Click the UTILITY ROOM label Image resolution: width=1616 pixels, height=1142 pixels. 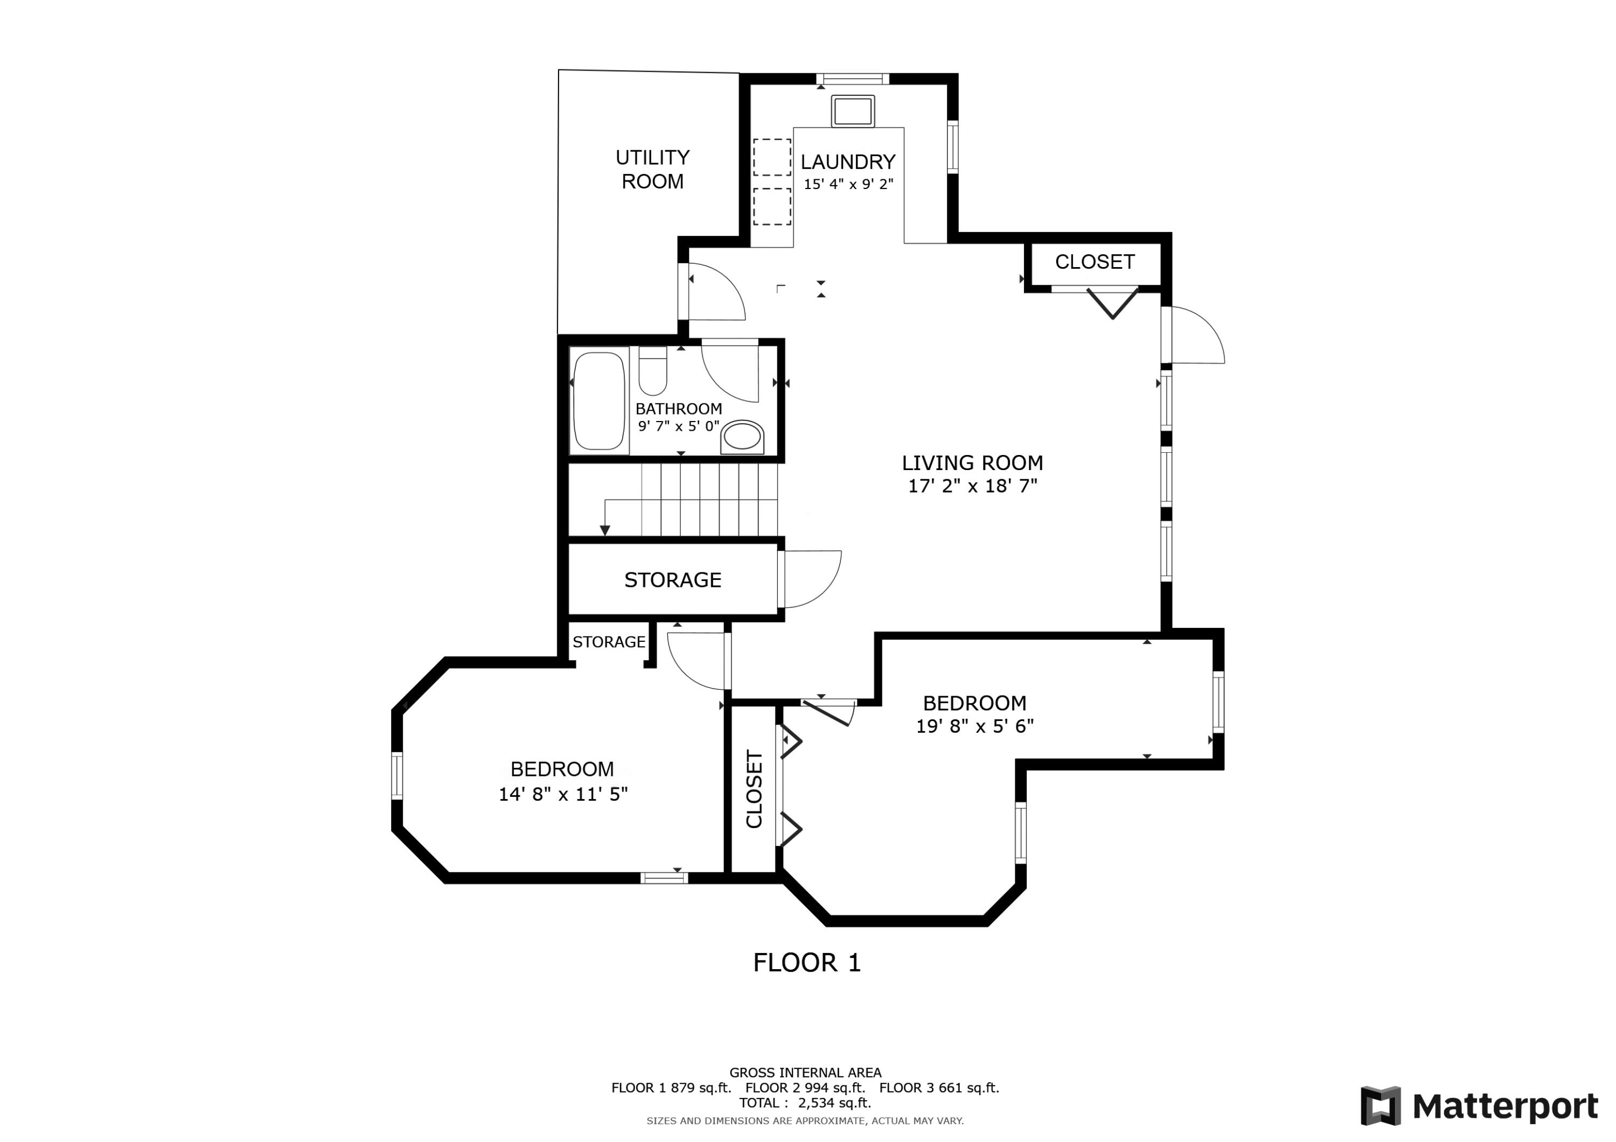(x=652, y=169)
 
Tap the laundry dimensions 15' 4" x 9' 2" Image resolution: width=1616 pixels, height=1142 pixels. (x=848, y=184)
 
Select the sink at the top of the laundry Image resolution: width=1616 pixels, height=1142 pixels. (x=852, y=111)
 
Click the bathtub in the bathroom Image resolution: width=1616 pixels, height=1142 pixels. (x=599, y=401)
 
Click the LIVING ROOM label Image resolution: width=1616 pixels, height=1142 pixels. (x=972, y=463)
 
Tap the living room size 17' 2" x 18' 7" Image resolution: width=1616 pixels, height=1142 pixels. (x=972, y=486)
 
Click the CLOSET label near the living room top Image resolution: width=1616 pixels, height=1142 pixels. (x=1095, y=262)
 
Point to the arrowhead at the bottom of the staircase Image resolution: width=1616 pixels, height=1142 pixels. (x=604, y=530)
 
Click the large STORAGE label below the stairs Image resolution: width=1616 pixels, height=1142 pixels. (x=672, y=580)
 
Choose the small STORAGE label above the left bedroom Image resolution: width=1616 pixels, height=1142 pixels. (x=609, y=642)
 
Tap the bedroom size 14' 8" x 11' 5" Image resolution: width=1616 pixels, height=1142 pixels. (x=563, y=794)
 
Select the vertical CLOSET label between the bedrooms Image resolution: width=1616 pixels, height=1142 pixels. (x=754, y=789)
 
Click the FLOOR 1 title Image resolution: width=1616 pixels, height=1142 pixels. (x=806, y=963)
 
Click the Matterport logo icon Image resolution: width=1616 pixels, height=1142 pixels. (x=1380, y=1106)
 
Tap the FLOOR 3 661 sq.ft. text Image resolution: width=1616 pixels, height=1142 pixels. (x=939, y=1088)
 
